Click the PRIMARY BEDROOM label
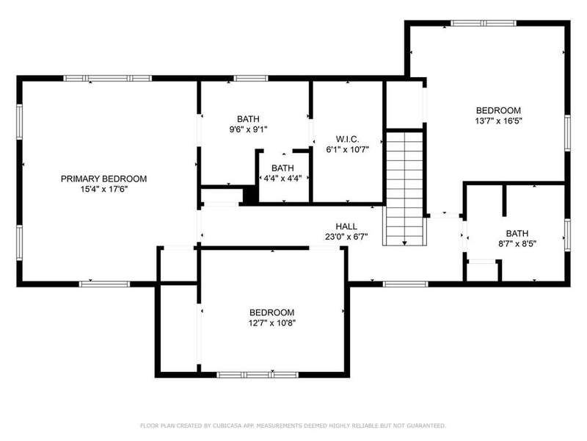click(103, 179)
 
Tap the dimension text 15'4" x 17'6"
click(104, 190)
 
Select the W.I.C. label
click(347, 139)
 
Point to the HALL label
click(346, 226)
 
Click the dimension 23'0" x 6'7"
click(346, 237)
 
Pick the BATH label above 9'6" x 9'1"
click(248, 119)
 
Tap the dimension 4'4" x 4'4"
click(282, 179)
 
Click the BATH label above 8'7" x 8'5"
click(517, 234)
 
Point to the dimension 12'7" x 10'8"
click(272, 323)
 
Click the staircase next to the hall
click(405, 187)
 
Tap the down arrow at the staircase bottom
click(405, 243)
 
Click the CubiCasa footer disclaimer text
click(293, 426)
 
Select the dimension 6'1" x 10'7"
click(347, 150)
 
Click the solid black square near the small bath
click(250, 196)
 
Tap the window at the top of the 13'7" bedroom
click(484, 24)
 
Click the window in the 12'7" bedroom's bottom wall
click(258, 375)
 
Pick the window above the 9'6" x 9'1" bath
click(251, 79)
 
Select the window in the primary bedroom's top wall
click(107, 79)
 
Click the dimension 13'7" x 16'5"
click(498, 121)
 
